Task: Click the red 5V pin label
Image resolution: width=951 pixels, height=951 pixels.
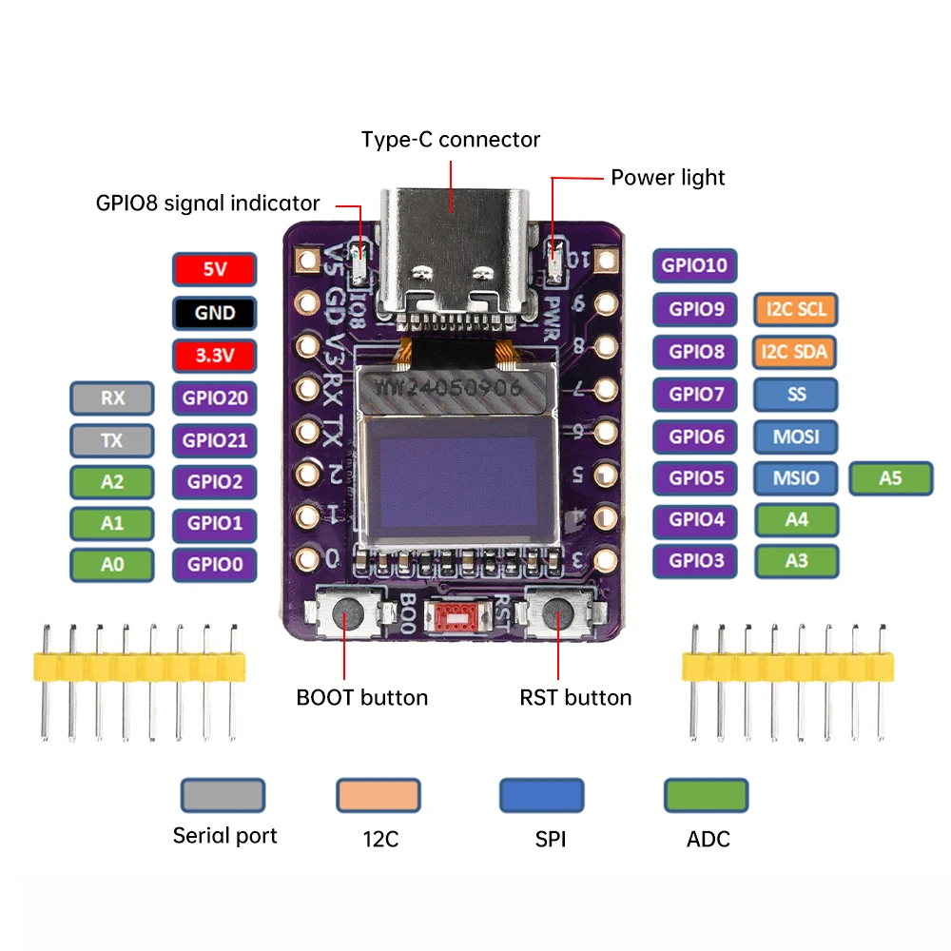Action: tap(215, 269)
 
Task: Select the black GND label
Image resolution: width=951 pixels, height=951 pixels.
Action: tap(215, 312)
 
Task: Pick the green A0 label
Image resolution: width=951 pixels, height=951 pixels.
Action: tap(112, 565)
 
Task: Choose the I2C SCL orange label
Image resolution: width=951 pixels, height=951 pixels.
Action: tap(797, 309)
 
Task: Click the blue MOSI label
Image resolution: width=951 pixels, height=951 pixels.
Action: tap(797, 437)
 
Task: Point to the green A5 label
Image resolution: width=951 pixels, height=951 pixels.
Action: tap(890, 478)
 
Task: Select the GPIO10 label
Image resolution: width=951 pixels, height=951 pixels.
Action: tap(694, 265)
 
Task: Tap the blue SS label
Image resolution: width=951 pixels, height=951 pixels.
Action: tap(797, 394)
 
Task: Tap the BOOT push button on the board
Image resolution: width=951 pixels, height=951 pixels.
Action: tap(348, 618)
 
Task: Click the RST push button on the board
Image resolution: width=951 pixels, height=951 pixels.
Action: tap(559, 618)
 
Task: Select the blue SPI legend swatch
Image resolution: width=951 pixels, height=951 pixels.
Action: tap(542, 795)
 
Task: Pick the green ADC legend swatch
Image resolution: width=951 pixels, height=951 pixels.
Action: tap(706, 795)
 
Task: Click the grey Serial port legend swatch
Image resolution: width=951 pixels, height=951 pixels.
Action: tap(223, 795)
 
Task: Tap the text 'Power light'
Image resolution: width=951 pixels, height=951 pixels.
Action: tap(668, 177)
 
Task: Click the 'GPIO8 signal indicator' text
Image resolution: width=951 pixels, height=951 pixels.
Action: tap(207, 203)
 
